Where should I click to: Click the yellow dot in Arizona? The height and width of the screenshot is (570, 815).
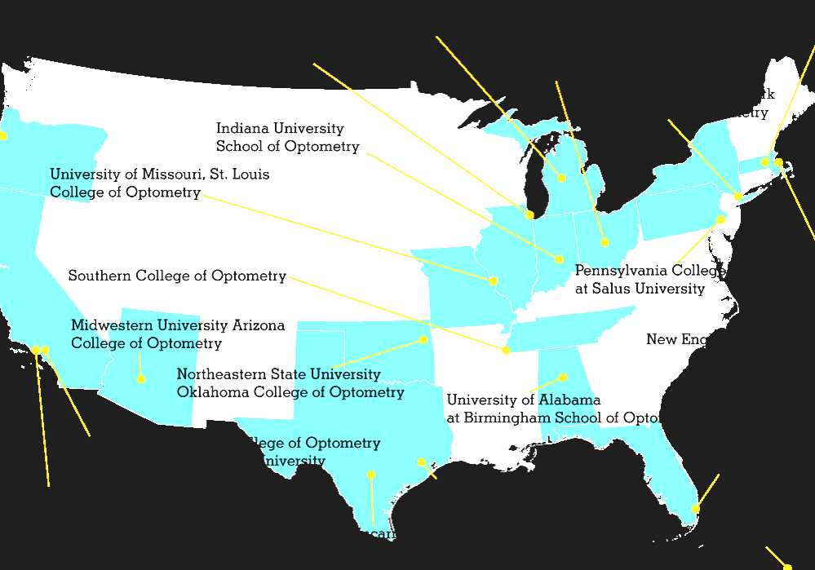[141, 378]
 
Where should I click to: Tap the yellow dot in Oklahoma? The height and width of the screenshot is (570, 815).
[423, 339]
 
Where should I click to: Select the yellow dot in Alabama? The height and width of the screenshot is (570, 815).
[563, 377]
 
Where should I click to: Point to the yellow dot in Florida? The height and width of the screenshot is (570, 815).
[695, 509]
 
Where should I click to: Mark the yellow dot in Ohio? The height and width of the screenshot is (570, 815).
[605, 242]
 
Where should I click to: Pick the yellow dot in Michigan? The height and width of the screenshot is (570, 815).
[562, 178]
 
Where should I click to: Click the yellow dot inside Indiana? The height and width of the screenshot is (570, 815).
[559, 259]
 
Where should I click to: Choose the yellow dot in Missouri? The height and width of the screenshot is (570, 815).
[494, 281]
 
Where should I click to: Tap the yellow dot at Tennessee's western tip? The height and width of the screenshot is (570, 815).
[506, 350]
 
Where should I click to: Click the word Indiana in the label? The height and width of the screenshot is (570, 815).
[241, 129]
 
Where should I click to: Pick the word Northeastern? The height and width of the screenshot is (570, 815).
[218, 374]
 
